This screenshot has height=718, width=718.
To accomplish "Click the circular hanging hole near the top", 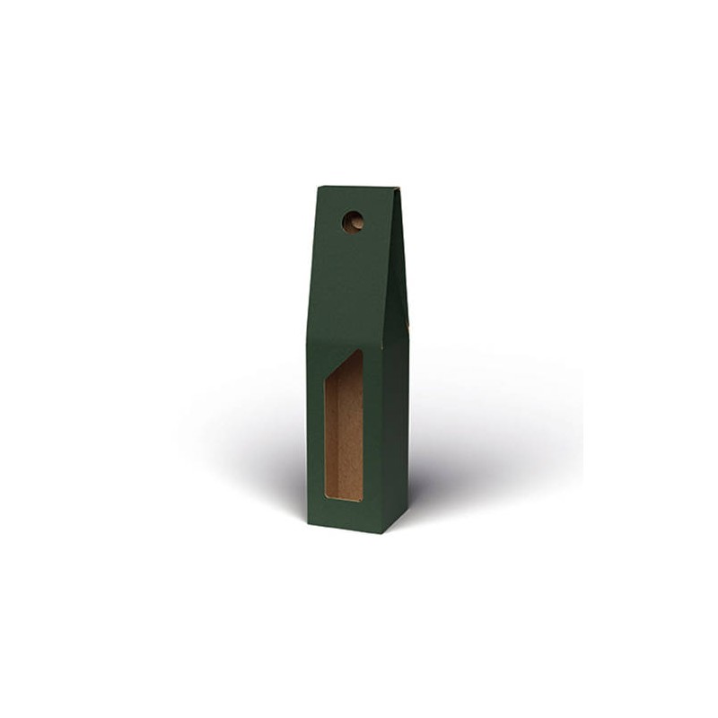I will pos(353,222).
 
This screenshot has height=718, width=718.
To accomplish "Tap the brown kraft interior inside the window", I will pos(345,440).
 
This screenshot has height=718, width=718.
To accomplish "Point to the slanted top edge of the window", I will pos(346,365).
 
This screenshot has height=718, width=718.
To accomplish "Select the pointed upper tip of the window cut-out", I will pos(362,351).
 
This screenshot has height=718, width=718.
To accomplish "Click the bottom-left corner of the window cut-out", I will pos(325,500).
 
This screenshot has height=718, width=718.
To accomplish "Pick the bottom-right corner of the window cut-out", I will pos(363,501).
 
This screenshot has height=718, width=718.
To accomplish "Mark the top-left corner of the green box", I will pos(319,187).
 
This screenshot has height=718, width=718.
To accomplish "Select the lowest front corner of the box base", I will pos(381,533).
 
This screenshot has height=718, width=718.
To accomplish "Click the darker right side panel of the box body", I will pos(396,431).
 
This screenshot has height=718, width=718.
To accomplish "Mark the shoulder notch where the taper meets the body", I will pos(408,328).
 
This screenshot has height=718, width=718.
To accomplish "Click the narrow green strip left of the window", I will pos(316,431).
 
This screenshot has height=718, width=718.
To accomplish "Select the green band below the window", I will pos(345,515).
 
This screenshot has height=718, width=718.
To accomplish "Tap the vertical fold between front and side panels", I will pos(382,431).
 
